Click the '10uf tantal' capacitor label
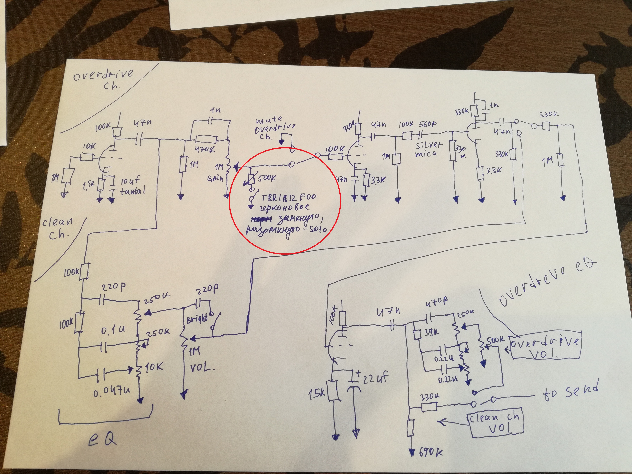(131, 186)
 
